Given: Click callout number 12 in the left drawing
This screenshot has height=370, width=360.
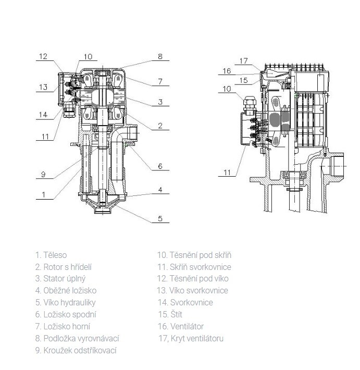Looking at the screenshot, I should coord(43,56).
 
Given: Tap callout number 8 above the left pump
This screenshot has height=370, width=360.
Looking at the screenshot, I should coord(160,56).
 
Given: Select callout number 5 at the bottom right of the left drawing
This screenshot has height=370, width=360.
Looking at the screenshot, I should coord(160,219).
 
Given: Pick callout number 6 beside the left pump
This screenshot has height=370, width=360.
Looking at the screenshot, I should coord(160,167).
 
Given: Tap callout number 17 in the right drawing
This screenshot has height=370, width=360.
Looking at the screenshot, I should coord(244,61).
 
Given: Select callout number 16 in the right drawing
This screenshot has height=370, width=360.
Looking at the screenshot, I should coord(227,71).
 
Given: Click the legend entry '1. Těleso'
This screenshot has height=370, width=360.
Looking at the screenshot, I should coord(51,255).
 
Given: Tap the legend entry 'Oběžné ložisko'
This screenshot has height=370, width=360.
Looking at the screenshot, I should coord(66,291).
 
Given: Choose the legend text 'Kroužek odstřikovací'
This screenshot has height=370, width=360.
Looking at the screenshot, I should coord(76,350).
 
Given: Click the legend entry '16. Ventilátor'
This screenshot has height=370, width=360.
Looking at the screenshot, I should coord(181,327).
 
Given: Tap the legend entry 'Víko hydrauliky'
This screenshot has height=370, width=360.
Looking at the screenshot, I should coord(66,303).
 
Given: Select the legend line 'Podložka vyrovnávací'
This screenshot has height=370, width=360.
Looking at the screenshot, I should coord(77,339).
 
